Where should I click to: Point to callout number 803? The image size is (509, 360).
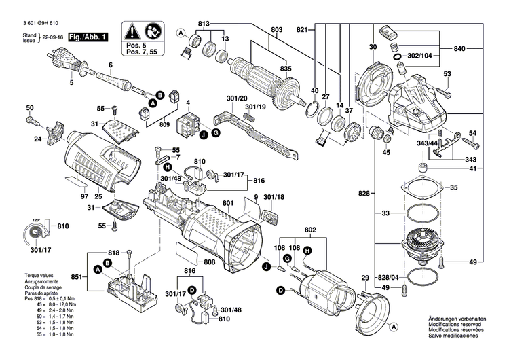[276, 30]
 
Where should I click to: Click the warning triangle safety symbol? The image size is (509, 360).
[130, 31]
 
